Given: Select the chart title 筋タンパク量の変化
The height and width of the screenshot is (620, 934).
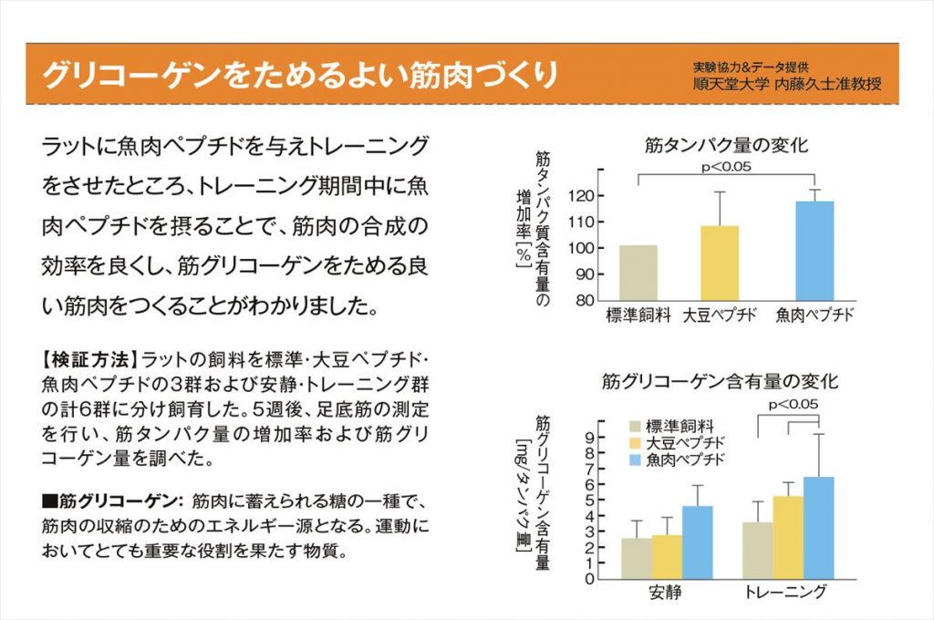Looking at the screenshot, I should point(726,144).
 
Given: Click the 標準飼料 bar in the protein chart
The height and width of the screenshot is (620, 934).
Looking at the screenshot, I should point(638,273).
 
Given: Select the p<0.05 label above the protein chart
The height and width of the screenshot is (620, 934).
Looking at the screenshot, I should point(726,166).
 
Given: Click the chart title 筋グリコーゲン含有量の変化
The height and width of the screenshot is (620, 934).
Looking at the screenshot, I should point(721,381).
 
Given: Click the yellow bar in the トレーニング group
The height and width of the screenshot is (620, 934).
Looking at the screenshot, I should point(788,537).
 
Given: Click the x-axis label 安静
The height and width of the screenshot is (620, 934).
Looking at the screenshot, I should point(666,593).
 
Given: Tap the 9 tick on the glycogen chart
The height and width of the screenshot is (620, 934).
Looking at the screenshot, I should point(590,437).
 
